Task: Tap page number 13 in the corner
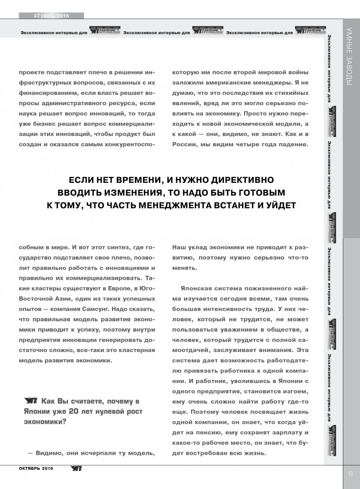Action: click(351, 473)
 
